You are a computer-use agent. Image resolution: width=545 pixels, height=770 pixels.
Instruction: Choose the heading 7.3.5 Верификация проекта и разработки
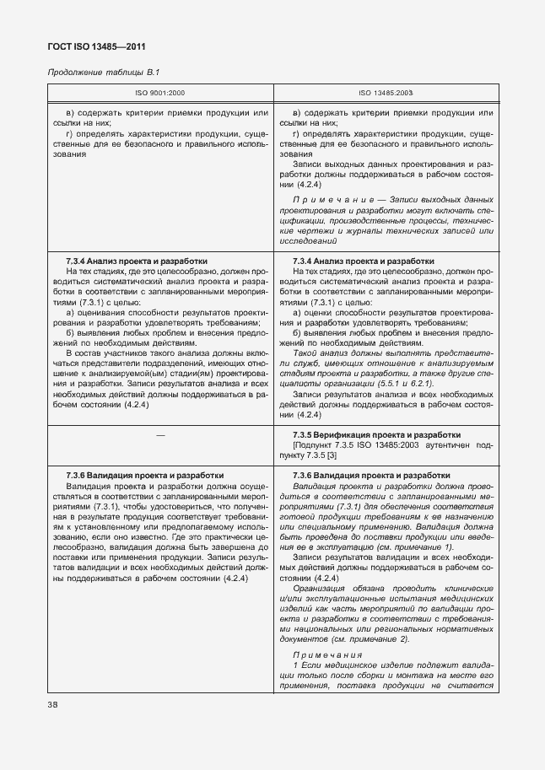(375, 433)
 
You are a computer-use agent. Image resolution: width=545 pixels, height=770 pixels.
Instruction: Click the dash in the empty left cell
(160, 433)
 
